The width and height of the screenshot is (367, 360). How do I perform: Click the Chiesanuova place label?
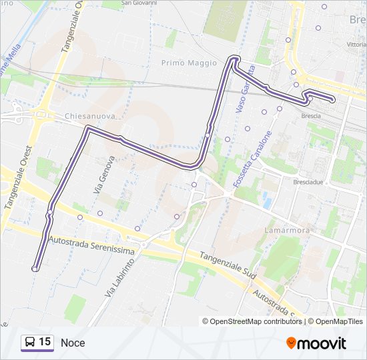coord(90,116)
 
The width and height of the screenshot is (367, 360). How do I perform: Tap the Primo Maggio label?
coord(189,63)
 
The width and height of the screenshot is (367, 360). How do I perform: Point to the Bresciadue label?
coord(308,181)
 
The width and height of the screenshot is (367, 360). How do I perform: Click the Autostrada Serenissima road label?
coord(91,245)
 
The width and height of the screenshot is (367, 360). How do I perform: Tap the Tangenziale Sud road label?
coord(228,265)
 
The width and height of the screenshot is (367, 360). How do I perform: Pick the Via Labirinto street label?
coord(119,277)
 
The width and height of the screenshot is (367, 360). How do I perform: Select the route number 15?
coord(45,342)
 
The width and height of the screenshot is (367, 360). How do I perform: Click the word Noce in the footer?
coord(73,343)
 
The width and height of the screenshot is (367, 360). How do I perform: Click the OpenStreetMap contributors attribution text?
coord(252,321)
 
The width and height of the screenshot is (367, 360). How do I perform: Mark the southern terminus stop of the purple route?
coord(35,269)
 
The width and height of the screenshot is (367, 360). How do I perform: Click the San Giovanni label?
coord(138,3)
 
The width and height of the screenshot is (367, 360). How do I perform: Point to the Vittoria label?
coord(356,44)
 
